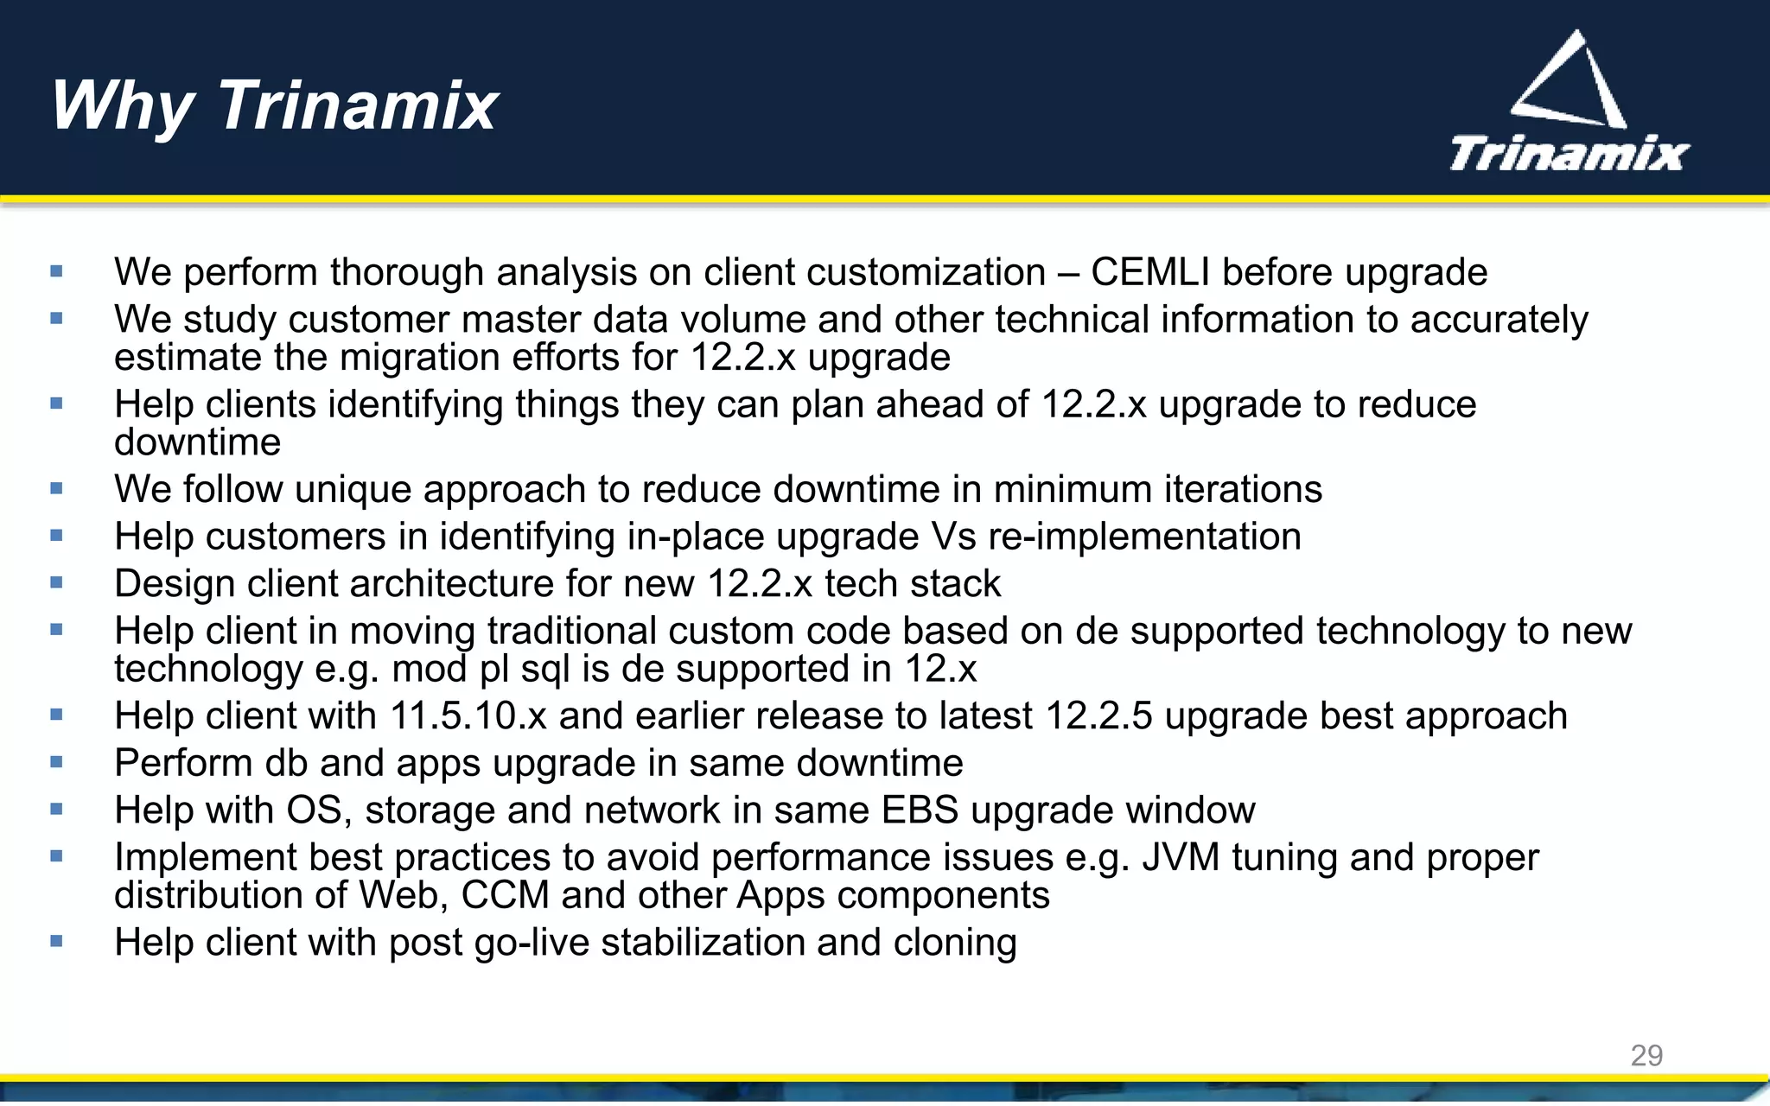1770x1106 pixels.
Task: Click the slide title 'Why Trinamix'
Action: [274, 105]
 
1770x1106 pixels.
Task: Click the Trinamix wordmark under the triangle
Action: [1569, 155]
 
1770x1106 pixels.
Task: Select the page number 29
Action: [1646, 1055]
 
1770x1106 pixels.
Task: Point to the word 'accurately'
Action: [1499, 320]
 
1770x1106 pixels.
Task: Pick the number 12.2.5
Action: [1098, 716]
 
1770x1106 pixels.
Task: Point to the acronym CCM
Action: [505, 895]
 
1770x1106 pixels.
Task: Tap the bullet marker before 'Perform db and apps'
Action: [57, 762]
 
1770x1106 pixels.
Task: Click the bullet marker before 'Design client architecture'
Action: [57, 583]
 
